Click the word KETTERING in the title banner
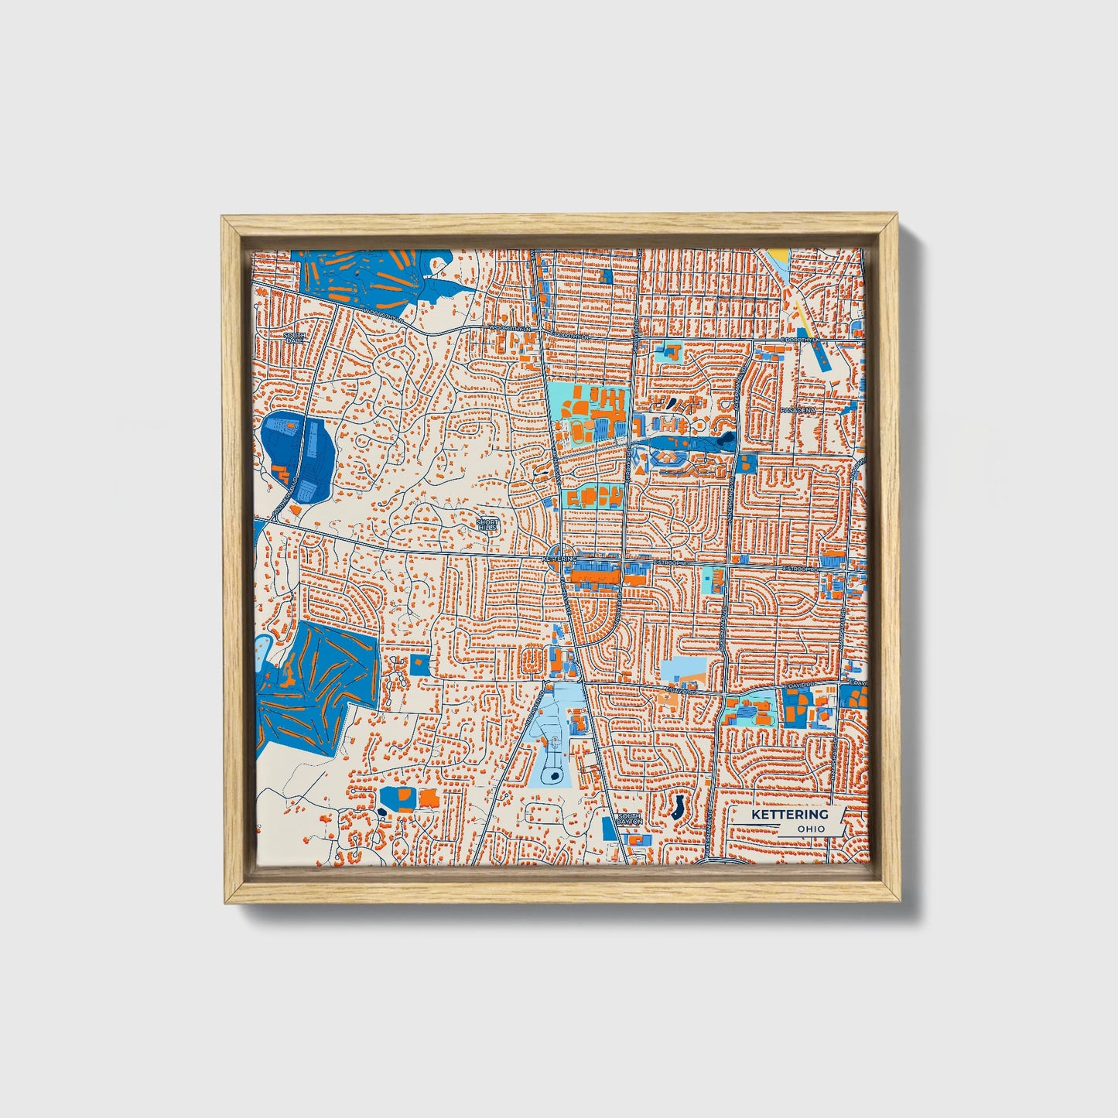(x=789, y=815)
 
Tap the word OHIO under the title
(x=811, y=829)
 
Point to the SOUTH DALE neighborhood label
(x=293, y=338)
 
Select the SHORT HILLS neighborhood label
(x=487, y=525)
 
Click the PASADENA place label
(x=798, y=409)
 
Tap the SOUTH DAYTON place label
(x=630, y=819)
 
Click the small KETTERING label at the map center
(x=559, y=557)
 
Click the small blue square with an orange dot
(x=419, y=663)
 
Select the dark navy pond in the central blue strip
(x=724, y=442)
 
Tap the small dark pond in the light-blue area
(x=554, y=774)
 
